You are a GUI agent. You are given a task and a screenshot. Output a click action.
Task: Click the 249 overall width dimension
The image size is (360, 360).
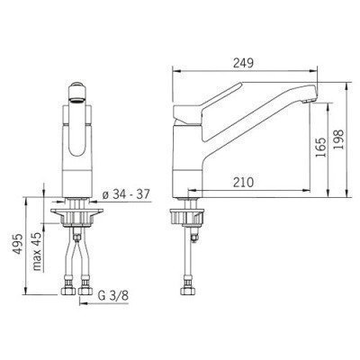coord(243,63)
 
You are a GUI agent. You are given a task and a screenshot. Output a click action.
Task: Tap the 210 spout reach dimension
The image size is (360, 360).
coord(243,182)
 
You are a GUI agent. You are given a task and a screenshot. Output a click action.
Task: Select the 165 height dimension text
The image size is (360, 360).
coord(320,148)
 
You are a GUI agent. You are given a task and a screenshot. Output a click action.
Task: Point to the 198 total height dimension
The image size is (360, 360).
coord(338,139)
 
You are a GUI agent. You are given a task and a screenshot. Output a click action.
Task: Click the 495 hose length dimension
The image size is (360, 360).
coord(18,244)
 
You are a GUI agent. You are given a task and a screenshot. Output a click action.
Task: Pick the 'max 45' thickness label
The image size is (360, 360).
coord(37,251)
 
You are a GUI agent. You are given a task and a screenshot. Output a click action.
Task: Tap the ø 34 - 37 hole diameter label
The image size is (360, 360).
coord(126,194)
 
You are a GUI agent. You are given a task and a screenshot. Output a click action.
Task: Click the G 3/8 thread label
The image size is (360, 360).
coord(113,296)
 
